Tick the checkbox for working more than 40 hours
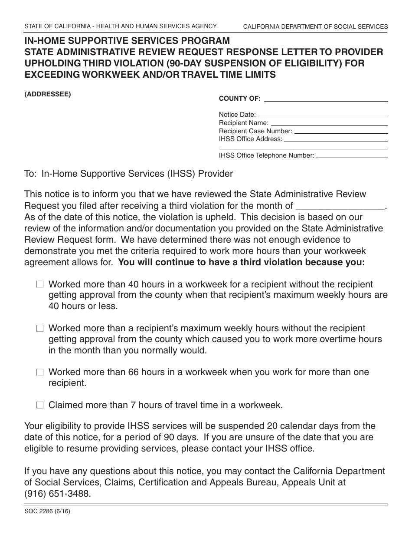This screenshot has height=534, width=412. click(x=40, y=285)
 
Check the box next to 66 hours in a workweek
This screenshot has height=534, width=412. click(x=40, y=372)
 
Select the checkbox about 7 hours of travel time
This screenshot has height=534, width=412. click(x=40, y=405)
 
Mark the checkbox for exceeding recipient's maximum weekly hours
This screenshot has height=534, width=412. click(x=40, y=329)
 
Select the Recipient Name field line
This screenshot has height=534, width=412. click(x=329, y=123)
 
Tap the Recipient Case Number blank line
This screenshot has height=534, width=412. click(x=341, y=131)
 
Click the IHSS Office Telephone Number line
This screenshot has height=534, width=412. click(x=352, y=155)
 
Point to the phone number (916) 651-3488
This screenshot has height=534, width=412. click(x=58, y=494)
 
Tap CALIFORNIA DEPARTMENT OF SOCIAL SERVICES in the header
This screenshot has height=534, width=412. click(x=315, y=26)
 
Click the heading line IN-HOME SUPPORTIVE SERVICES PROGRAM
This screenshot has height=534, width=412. click(x=127, y=41)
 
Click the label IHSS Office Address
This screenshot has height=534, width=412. click(x=250, y=139)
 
